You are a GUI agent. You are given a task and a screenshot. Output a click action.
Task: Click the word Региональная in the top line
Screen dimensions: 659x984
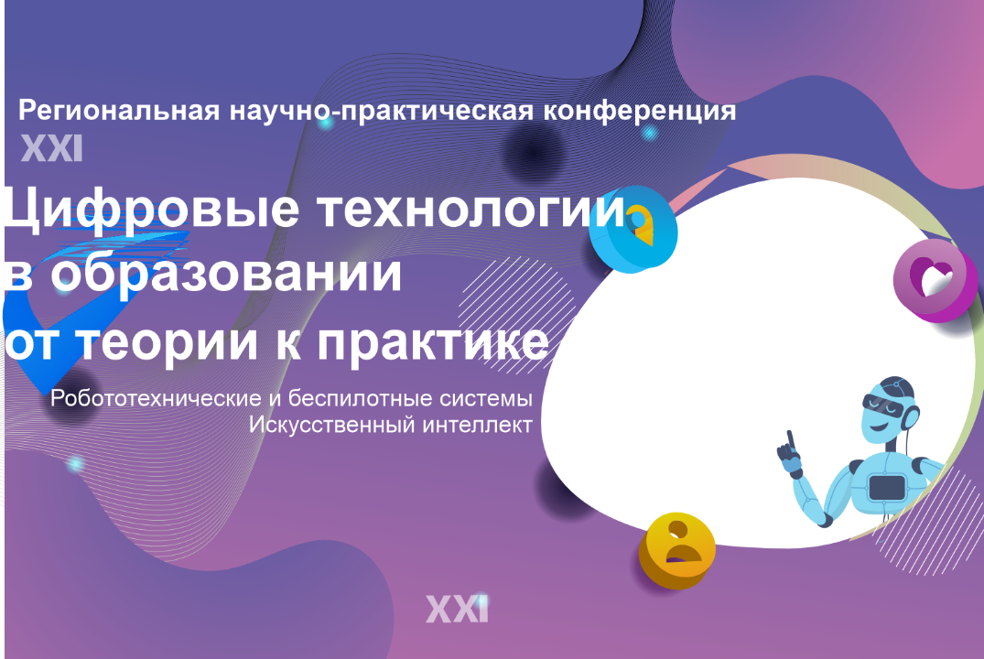click(x=116, y=112)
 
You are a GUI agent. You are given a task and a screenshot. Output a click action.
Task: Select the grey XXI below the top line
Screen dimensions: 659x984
click(x=51, y=148)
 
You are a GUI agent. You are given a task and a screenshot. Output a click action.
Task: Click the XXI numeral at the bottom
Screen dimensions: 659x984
click(x=457, y=608)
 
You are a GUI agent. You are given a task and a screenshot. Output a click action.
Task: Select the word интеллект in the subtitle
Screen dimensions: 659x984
click(x=478, y=426)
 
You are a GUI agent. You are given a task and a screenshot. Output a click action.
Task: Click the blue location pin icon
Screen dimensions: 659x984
click(x=633, y=229)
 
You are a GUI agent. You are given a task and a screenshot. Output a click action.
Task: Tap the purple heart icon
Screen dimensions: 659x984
click(x=933, y=277)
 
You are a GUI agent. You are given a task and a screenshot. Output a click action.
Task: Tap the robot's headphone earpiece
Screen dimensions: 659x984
click(x=913, y=417)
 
